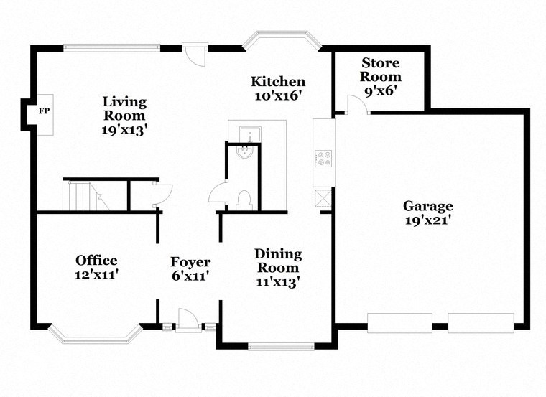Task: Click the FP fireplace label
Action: click(43, 112)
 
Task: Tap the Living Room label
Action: click(124, 108)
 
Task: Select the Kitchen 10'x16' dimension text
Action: click(277, 95)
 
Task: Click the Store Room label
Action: click(380, 70)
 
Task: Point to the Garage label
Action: click(427, 205)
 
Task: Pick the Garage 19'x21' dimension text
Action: click(427, 220)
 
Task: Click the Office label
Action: click(96, 260)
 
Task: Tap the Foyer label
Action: click(190, 262)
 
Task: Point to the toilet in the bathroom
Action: click(243, 199)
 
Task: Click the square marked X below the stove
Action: click(323, 197)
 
